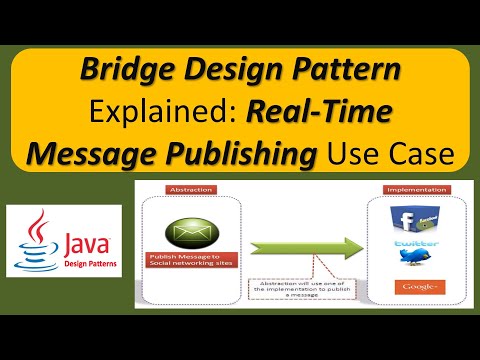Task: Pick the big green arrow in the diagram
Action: [300, 244]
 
